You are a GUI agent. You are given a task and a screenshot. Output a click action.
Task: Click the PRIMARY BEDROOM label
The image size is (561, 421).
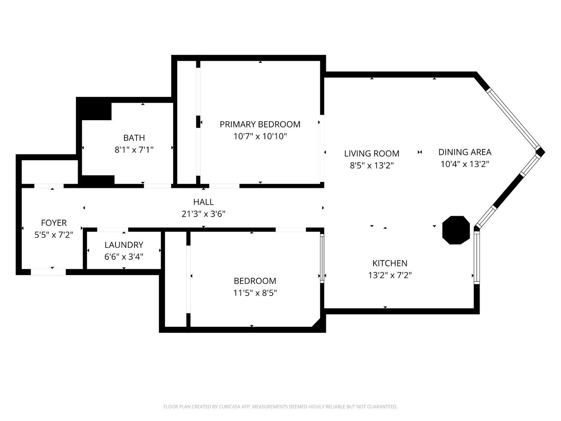[x=260, y=124]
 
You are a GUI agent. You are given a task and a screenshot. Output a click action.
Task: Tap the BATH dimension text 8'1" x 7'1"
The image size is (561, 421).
[x=134, y=150]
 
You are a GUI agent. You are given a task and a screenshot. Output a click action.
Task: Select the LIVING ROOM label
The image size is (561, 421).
[x=372, y=153]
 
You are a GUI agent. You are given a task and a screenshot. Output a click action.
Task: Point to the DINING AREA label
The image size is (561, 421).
[x=465, y=152]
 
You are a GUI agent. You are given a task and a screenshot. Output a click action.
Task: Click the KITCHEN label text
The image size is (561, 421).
[x=390, y=263]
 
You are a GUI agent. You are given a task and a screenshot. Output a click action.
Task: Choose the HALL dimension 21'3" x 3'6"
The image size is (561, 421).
[x=203, y=214]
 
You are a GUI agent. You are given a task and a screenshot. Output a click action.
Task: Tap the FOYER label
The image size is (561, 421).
[x=54, y=223]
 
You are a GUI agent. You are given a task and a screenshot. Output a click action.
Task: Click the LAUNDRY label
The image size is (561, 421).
[x=124, y=245]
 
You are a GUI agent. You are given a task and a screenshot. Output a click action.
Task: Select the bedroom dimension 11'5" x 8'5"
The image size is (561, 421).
[x=255, y=293]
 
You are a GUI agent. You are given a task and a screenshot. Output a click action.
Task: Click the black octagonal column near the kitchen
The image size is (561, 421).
[x=456, y=230]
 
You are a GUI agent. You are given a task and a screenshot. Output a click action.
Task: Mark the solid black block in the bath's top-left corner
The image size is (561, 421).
[x=94, y=109]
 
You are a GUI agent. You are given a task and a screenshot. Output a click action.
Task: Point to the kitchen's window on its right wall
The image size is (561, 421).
[x=476, y=257]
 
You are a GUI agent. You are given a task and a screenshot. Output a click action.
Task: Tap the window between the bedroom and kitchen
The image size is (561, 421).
[x=322, y=259]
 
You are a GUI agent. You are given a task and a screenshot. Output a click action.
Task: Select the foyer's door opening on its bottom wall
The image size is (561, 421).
[x=48, y=272]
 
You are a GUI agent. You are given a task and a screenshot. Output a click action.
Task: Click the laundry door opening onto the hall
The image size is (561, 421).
[x=113, y=229]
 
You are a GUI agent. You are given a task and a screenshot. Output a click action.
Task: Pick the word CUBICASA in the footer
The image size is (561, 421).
[x=229, y=407]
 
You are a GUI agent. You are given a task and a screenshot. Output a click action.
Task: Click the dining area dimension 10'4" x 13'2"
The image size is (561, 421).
[x=465, y=164]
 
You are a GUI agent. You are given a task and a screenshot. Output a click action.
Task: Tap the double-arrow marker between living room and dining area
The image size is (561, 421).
[x=420, y=152]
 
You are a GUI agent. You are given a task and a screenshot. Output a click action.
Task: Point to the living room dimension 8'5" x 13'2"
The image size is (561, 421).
[x=372, y=165]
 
